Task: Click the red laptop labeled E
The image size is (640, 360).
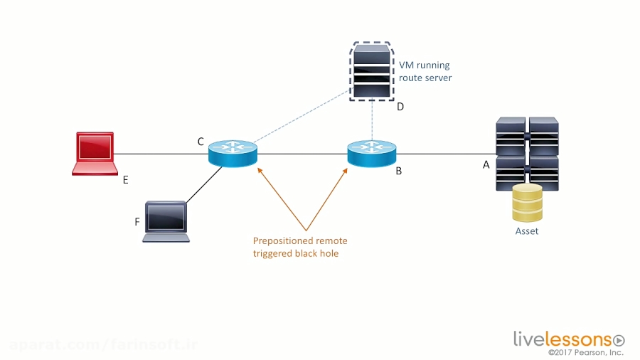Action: pos(94,152)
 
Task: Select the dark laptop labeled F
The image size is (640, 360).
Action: pos(166,221)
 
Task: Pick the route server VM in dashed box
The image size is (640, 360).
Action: pos(371,71)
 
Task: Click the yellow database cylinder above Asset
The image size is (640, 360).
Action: pos(527,203)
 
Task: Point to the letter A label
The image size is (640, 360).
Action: pos(486,164)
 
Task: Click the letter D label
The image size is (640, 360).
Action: pos(400,107)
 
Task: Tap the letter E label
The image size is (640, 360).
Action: pos(125,180)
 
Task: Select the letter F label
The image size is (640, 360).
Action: pos(137,222)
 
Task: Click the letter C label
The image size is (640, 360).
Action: pos(201,142)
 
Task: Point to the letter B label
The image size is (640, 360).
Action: pos(398,171)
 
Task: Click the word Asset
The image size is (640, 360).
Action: pos(527,231)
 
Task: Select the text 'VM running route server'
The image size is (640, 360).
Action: pos(425,71)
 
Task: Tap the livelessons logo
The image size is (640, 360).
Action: pos(568,339)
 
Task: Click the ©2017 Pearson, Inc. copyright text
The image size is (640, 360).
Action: pos(585,352)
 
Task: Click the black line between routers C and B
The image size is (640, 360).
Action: pos(302,153)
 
